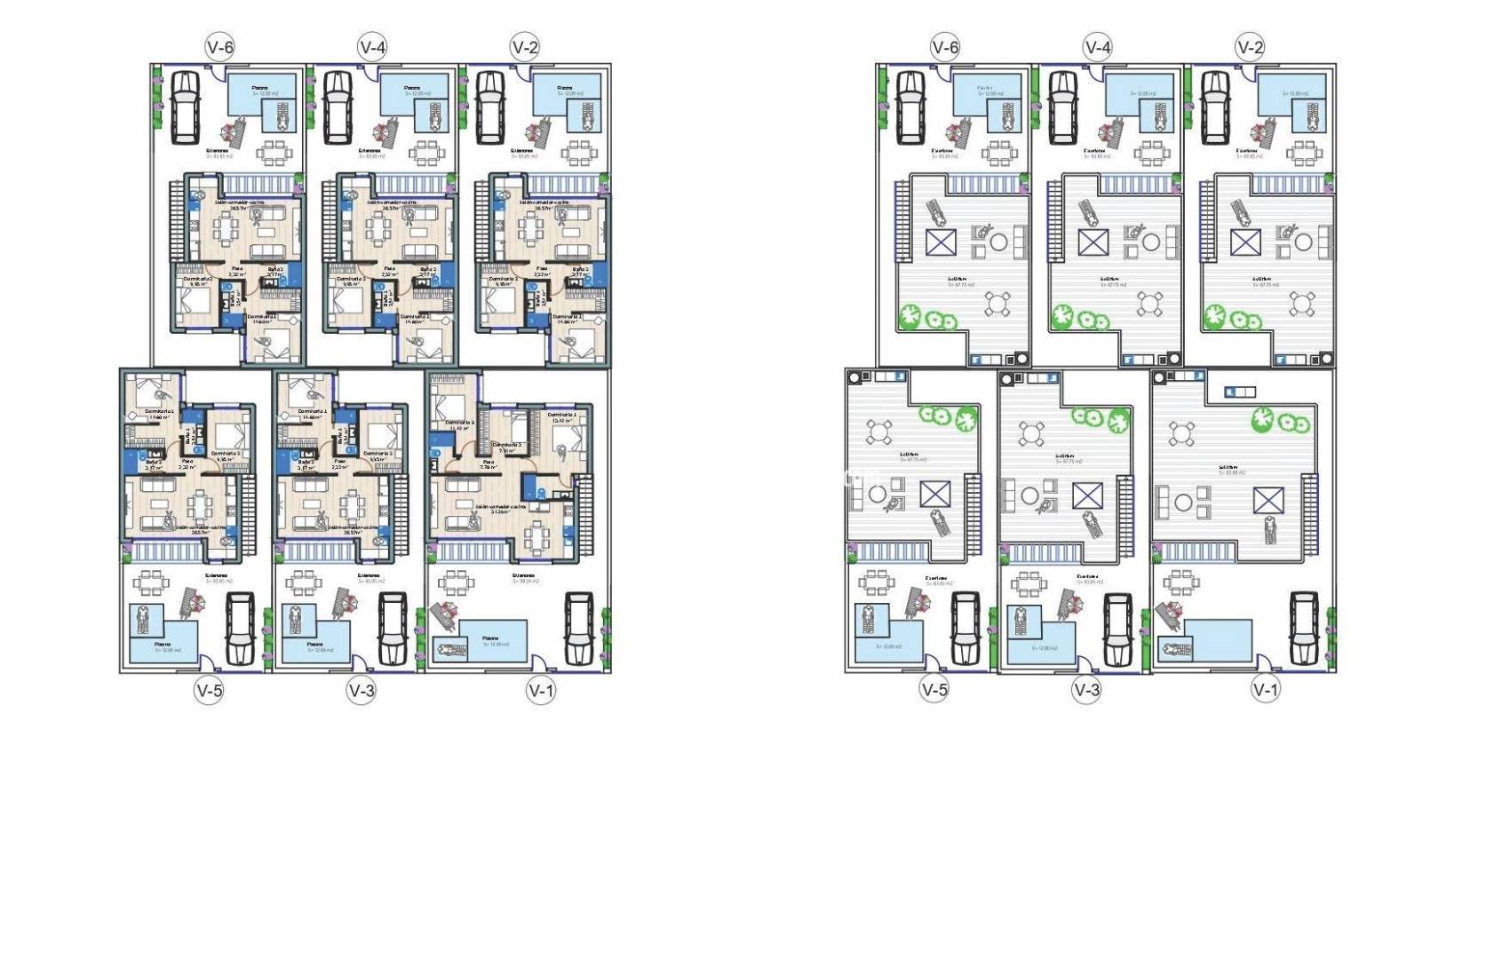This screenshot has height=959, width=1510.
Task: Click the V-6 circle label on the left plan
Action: point(219,47)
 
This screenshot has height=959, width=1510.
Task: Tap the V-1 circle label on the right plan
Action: point(1266,689)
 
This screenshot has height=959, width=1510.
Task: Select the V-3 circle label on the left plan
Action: point(362,690)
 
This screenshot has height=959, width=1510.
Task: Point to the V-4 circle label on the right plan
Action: point(1098,47)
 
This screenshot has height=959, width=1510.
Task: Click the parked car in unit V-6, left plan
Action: point(185,107)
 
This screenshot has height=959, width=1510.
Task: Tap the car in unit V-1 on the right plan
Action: point(1303,628)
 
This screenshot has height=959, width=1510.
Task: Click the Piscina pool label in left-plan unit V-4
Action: point(411,88)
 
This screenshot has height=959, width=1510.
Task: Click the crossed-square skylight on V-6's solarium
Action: point(941,242)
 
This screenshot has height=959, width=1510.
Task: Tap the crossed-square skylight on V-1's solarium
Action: point(1268,500)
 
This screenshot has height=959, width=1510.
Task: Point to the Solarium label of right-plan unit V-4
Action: point(1109,279)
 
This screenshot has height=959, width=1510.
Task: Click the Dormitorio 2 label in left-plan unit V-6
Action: point(196,279)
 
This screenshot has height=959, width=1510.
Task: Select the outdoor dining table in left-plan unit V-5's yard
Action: point(149,583)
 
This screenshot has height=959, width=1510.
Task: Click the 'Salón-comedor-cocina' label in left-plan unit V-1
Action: point(500,507)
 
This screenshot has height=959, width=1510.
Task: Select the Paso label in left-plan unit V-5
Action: point(187,461)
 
